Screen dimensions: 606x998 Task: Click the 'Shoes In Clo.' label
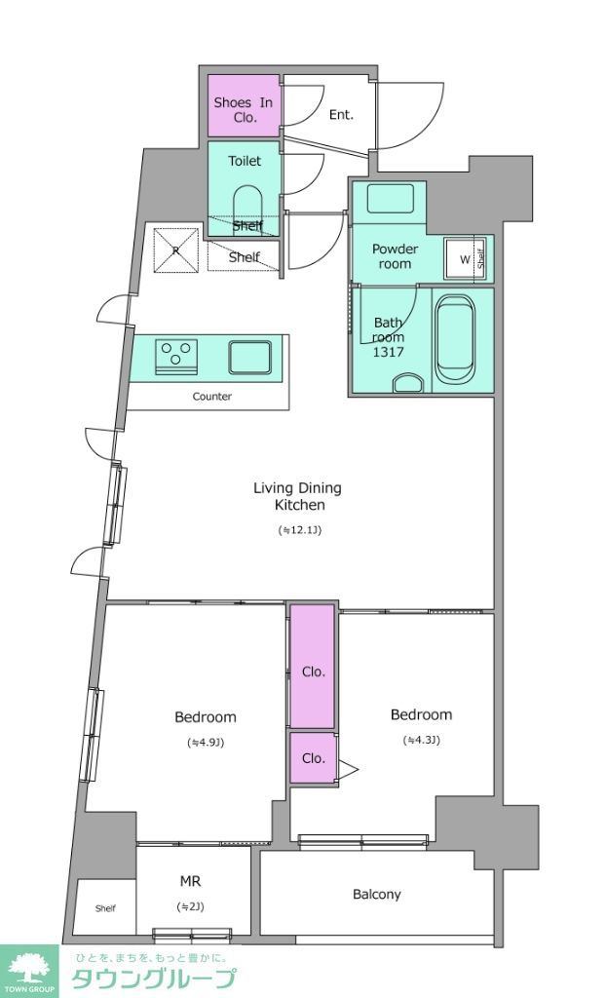244,109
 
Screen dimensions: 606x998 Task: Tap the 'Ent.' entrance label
341,115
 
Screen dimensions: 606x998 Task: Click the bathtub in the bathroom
456,341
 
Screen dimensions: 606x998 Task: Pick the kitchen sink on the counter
249,358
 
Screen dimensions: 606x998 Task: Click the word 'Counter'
212,397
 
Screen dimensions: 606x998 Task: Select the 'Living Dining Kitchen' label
297,496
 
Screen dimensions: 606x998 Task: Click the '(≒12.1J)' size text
299,529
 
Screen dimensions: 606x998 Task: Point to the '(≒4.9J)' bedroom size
206,742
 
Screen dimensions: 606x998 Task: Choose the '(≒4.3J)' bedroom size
422,740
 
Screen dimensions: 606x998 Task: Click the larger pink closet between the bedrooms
312,666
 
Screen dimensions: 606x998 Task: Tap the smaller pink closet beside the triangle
313,758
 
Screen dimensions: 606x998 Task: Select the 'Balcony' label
377,895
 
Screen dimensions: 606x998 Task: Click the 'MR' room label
190,881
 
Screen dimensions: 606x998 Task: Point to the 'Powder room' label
395,256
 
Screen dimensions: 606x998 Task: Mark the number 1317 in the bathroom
389,352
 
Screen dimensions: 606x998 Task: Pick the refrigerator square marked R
175,249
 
